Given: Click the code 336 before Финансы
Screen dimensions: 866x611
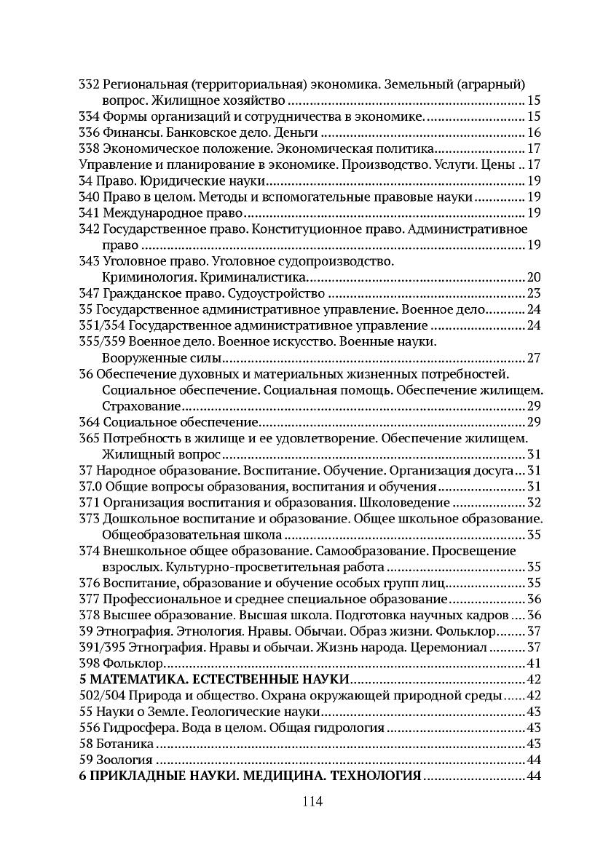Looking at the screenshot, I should pyautogui.click(x=88, y=132).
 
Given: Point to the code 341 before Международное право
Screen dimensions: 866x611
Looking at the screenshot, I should pyautogui.click(x=88, y=213).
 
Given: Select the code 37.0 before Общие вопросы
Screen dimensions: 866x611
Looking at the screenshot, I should pyautogui.click(x=91, y=486).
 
